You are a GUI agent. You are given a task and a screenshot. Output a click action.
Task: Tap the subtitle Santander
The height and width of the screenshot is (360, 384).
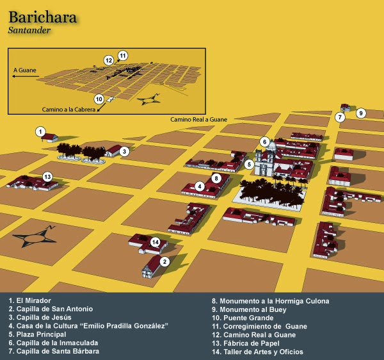click(31, 30)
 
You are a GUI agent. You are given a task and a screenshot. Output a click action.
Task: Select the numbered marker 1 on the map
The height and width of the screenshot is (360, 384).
click(41, 132)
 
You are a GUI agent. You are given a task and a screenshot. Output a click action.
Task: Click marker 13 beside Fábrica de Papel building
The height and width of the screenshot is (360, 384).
click(47, 176)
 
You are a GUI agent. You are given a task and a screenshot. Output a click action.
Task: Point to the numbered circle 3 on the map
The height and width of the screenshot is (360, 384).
click(125, 152)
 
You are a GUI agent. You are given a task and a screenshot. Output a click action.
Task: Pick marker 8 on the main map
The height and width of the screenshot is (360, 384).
click(217, 177)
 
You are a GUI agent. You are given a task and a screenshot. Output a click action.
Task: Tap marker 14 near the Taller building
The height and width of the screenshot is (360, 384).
click(155, 242)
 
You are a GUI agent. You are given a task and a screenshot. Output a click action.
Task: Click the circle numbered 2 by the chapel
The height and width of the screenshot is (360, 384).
click(164, 261)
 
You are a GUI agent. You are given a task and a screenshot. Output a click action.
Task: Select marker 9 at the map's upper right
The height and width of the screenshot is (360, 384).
click(361, 113)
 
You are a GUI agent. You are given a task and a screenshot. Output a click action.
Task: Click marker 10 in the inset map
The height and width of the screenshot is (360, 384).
click(99, 99)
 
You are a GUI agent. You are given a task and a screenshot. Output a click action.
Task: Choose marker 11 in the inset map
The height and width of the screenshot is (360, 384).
click(122, 55)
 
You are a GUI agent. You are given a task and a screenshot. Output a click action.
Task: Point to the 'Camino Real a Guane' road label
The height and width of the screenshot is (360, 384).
click(198, 120)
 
